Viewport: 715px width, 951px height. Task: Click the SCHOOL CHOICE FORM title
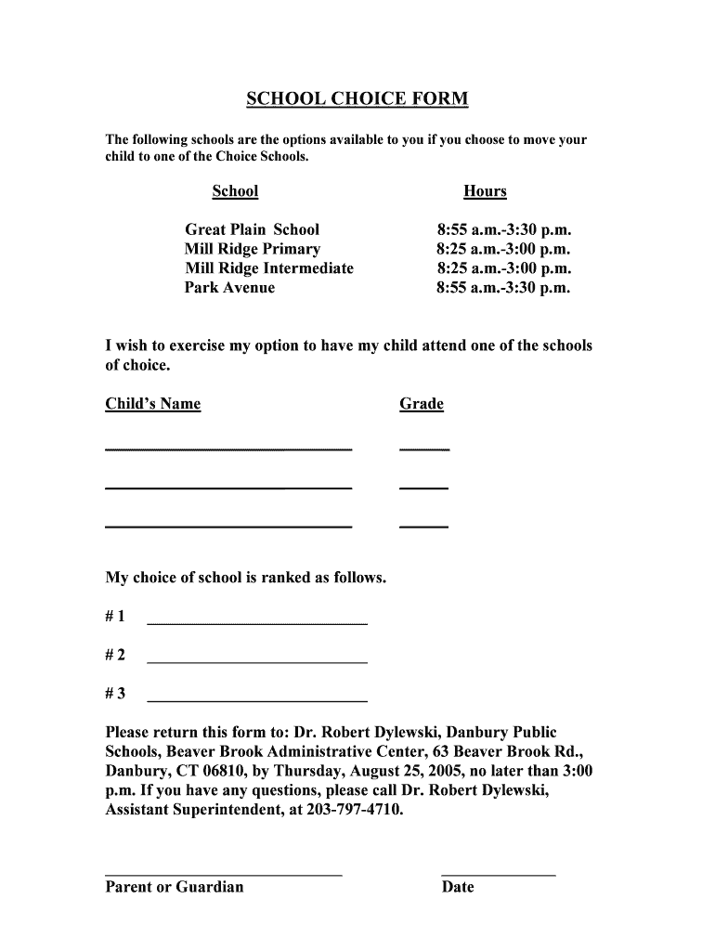pos(357,98)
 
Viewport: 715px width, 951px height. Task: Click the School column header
pos(235,191)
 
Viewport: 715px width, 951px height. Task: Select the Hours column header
pos(485,191)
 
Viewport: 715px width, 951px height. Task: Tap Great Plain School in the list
pos(252,229)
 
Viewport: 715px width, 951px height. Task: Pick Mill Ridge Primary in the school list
pos(253,249)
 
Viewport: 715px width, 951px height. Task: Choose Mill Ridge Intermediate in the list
pos(269,268)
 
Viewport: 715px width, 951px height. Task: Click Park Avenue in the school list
pos(229,288)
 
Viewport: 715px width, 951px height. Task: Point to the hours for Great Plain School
pos(503,229)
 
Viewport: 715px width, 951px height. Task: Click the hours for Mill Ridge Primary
pos(503,249)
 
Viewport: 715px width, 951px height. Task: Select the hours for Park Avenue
pos(503,288)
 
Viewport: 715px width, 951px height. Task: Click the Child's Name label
pos(153,404)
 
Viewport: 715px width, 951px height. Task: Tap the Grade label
pos(422,404)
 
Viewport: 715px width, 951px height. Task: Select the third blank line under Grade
pos(423,526)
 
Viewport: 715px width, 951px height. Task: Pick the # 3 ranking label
pos(116,694)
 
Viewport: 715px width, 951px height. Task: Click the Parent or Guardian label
pos(175,887)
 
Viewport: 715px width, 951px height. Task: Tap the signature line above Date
pos(498,874)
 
